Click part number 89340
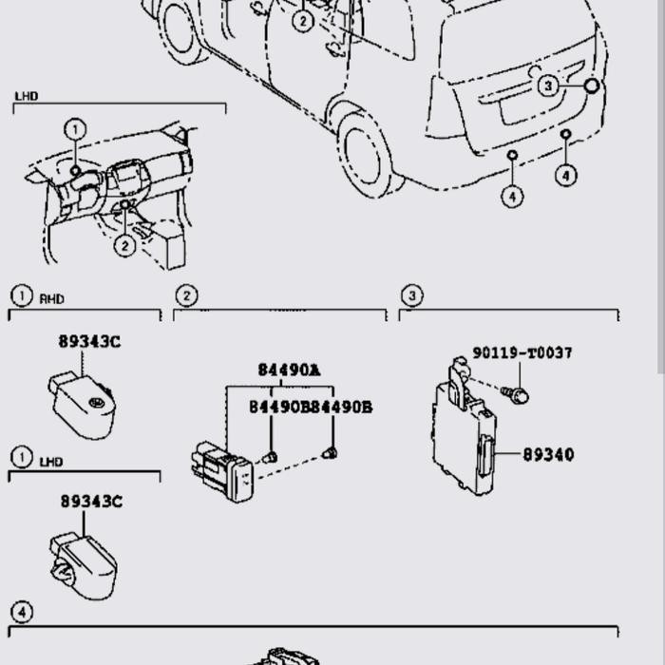(x=547, y=455)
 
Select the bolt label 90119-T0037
(x=522, y=353)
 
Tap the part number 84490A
(x=289, y=370)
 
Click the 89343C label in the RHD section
(x=89, y=342)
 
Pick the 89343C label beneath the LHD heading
(x=91, y=502)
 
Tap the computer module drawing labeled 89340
(x=463, y=432)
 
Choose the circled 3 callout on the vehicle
(x=548, y=86)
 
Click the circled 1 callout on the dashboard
(x=75, y=129)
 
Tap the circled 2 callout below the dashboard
(x=124, y=245)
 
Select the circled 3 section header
(x=410, y=295)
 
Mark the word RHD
(x=51, y=298)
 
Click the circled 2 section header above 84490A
(x=186, y=295)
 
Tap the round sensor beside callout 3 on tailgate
(x=591, y=86)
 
